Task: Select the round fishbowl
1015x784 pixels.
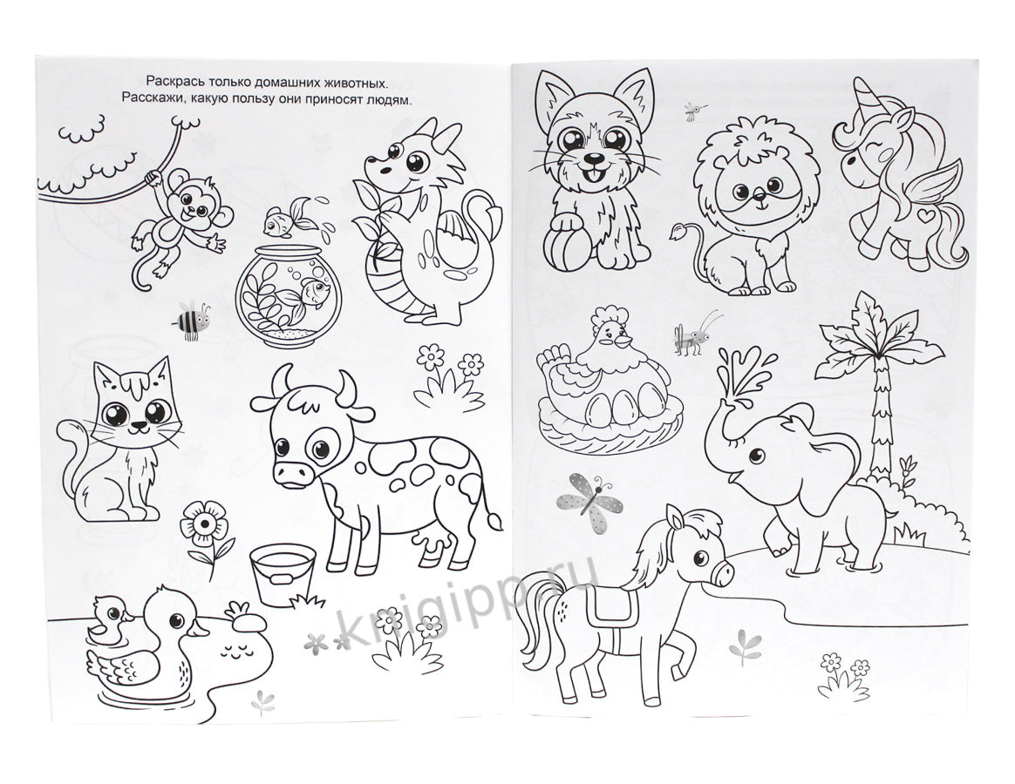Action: [x=288, y=295]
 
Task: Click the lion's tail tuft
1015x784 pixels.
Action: [x=680, y=230]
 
